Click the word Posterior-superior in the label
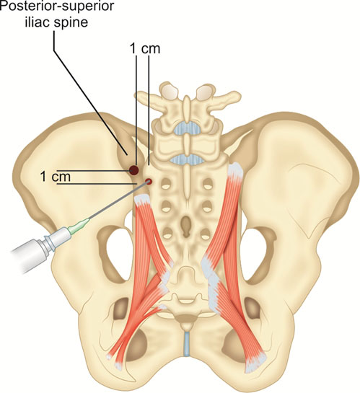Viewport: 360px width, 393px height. click(x=57, y=6)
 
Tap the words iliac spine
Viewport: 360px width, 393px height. click(x=56, y=22)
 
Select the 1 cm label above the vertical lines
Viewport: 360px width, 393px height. click(x=145, y=48)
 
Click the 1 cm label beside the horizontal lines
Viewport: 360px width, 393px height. click(x=55, y=177)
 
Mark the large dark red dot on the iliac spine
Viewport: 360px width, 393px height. click(x=134, y=170)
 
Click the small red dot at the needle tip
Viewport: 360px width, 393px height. click(x=149, y=181)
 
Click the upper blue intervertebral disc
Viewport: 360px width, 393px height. click(x=188, y=128)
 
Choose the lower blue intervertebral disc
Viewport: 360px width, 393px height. click(x=188, y=160)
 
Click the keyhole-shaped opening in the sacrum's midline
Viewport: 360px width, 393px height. click(x=185, y=225)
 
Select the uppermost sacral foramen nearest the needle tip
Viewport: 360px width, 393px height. click(x=165, y=185)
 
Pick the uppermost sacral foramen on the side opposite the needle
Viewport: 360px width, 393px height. click(x=207, y=185)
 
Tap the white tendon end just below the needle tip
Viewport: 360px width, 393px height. click(x=143, y=200)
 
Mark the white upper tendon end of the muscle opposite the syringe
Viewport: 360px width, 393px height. click(x=235, y=171)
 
